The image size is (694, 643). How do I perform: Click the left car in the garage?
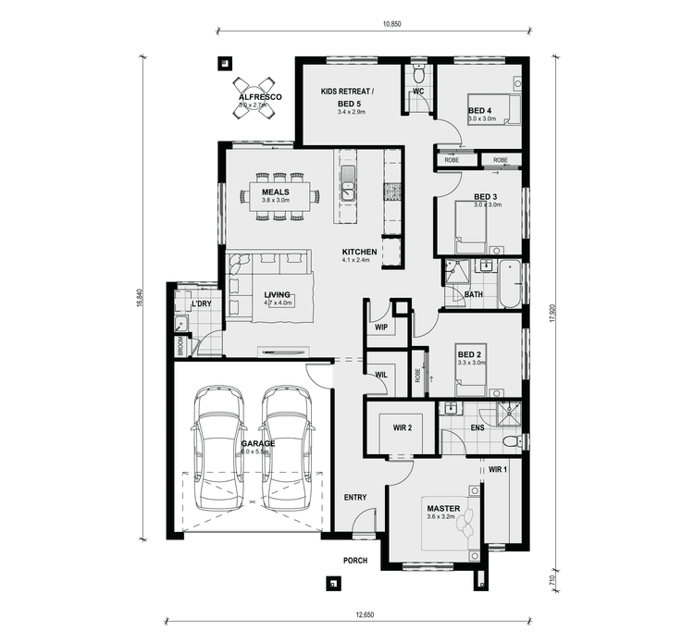click(217, 447)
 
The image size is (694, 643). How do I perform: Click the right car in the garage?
click(285, 447)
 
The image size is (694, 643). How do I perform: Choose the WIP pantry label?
click(381, 328)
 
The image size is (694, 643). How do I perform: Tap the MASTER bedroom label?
click(442, 509)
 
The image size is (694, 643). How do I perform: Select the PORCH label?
click(355, 560)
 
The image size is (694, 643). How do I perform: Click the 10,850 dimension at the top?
click(390, 25)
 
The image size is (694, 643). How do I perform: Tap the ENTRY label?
click(355, 498)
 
